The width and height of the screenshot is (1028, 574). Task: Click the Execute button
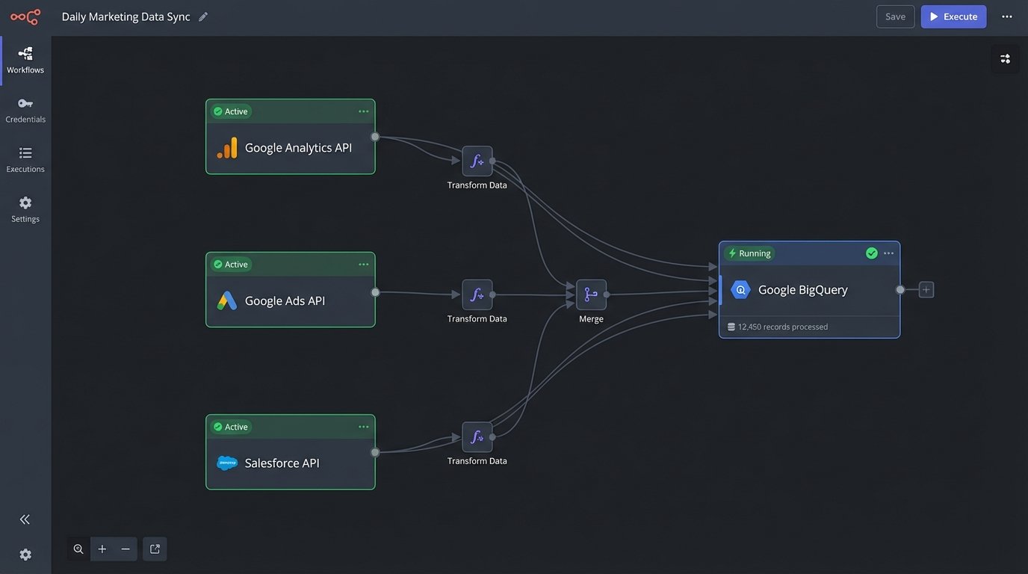953,16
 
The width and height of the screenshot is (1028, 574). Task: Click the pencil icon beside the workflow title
203,16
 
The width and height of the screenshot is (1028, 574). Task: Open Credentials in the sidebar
25,110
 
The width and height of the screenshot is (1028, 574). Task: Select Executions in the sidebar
25,159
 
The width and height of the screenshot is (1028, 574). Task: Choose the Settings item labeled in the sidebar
25,209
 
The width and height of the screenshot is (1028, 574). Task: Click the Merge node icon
591,294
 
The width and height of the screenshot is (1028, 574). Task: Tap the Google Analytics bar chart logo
227,148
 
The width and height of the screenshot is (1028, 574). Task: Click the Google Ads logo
227,300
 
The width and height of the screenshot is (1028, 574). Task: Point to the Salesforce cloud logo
227,463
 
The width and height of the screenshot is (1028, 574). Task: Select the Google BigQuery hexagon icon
740,290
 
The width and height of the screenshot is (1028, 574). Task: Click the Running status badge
749,253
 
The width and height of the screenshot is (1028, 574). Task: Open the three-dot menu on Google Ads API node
363,264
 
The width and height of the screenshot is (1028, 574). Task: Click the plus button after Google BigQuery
926,289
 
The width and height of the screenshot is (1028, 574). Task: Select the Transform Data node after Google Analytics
477,161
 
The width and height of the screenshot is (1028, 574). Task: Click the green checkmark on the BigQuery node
871,253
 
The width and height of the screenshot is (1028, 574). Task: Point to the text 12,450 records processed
782,327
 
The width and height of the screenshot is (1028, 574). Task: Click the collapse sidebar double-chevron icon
25,519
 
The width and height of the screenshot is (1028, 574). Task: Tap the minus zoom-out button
126,549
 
